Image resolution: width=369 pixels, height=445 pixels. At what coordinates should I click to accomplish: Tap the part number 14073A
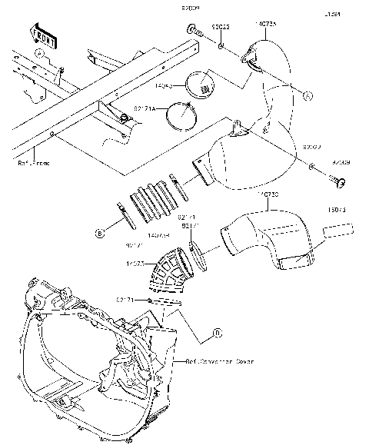(267, 24)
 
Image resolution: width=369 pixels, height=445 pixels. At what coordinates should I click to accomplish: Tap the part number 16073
(337, 208)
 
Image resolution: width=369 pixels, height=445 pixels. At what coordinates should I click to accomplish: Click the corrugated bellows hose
(154, 200)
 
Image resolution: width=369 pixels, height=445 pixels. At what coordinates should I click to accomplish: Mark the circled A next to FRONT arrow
(39, 52)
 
